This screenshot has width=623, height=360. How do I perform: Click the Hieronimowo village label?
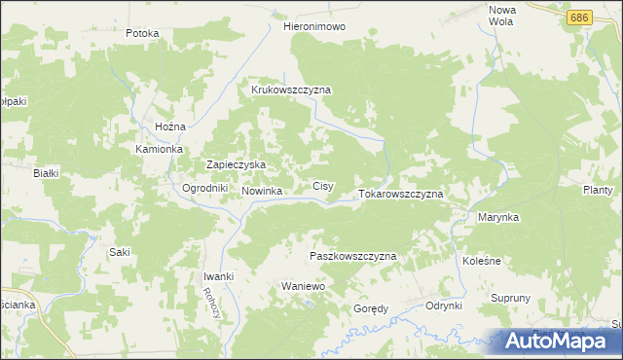pos(313,27)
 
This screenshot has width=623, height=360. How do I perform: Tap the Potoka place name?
pos(142,33)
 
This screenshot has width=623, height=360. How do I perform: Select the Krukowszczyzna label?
pos(291,90)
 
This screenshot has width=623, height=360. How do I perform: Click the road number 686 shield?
pos(580,18)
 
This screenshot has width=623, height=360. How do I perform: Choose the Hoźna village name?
pos(170,127)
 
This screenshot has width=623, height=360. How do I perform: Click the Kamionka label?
pos(160,150)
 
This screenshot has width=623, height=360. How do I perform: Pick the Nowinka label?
pos(262,192)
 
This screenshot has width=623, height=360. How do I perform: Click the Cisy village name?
pos(323,186)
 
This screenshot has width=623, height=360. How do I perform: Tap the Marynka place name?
pos(497,218)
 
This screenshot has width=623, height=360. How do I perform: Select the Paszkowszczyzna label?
pos(352,256)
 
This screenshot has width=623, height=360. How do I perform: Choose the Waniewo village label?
pos(302,287)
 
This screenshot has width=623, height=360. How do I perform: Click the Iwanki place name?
pos(218,276)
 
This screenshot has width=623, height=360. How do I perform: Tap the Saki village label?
pos(120,252)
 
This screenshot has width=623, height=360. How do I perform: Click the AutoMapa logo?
pos(558,341)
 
